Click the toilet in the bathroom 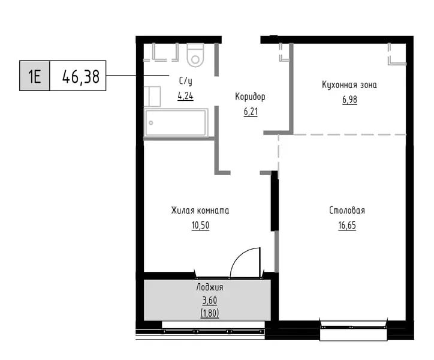point(195,55)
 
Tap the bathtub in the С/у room point(176,122)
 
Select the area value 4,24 point(185,96)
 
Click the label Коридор point(250,97)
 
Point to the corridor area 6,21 point(251,112)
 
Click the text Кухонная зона point(349,85)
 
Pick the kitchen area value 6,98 point(349,100)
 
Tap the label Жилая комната point(200,211)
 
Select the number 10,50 point(200,226)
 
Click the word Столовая point(347,211)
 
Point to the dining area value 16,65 point(347,226)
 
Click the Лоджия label point(210,287)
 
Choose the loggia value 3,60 point(210,301)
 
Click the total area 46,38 point(80,76)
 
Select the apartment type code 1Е point(35,76)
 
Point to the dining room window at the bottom point(353,327)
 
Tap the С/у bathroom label point(185,81)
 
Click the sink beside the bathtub point(152,96)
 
